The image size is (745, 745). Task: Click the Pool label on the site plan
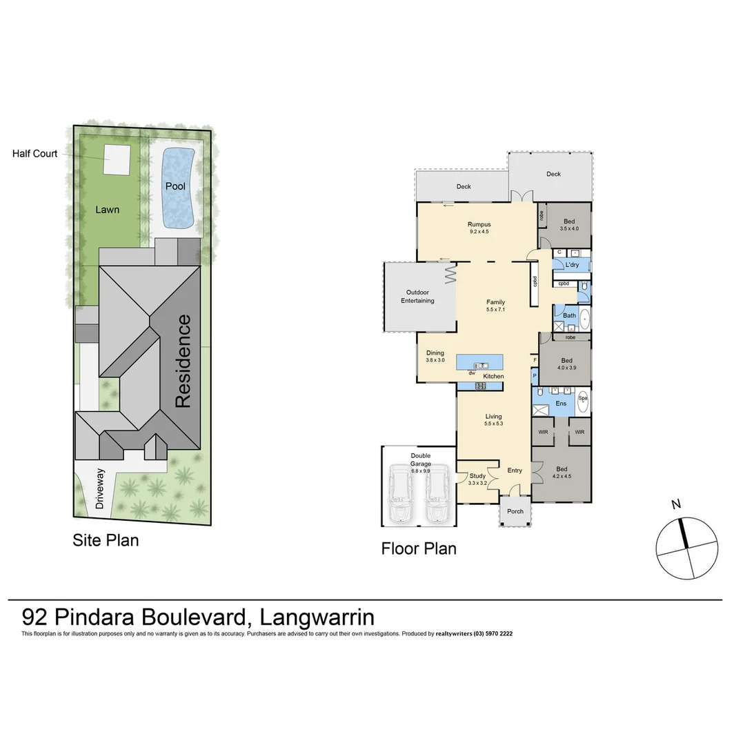click(175, 186)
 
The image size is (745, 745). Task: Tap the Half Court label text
click(35, 154)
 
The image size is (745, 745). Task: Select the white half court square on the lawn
click(117, 160)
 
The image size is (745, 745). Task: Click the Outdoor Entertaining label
click(417, 297)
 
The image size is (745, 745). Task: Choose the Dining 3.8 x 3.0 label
click(435, 357)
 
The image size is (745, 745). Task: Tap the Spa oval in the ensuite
click(583, 403)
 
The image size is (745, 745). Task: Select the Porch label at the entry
click(515, 512)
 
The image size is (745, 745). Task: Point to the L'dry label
click(572, 265)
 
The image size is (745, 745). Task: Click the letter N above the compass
click(676, 504)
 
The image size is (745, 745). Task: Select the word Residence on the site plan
click(182, 361)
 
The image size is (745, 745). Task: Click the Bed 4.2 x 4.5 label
click(562, 472)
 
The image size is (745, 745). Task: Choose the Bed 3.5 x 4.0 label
click(569, 225)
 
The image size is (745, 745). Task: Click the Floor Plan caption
click(419, 548)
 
